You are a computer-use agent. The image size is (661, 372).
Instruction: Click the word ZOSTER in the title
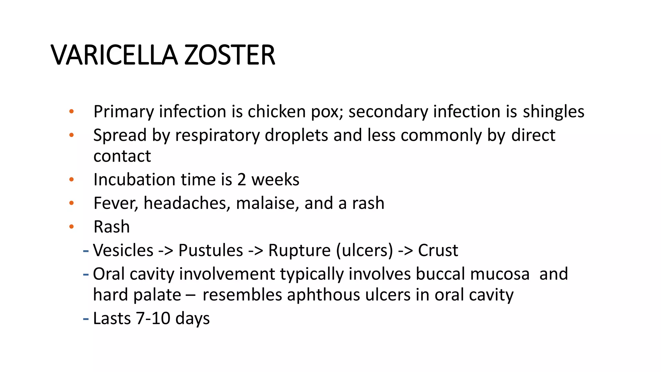point(229,55)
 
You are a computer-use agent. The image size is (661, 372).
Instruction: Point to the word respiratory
point(217,135)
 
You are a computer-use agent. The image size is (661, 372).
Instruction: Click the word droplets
point(296,135)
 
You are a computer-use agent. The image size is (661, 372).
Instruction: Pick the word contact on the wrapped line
point(122,156)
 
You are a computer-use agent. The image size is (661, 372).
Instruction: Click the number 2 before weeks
point(241,180)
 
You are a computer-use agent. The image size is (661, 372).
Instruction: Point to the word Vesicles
point(123,250)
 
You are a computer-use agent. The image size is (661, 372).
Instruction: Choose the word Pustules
point(210,250)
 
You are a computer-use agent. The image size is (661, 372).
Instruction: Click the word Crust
point(438,250)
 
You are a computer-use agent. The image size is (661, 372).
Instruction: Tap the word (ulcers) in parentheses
point(364,250)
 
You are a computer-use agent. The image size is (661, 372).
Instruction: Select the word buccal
point(440,274)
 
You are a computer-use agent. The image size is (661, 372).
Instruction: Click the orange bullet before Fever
point(71,203)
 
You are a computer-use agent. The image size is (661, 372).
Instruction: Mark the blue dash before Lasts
point(86,319)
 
